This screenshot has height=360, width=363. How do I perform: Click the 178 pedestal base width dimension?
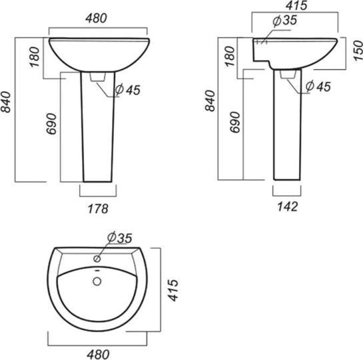tap(98, 209)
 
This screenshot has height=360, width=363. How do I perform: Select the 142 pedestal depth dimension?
tap(288, 206)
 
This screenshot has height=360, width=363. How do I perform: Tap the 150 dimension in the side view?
tap(358, 51)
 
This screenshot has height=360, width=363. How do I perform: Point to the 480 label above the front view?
tap(97, 18)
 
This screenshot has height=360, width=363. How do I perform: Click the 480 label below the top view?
tap(98, 355)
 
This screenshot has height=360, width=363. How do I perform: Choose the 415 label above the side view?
tap(296, 5)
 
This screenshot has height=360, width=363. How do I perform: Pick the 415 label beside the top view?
tap(173, 290)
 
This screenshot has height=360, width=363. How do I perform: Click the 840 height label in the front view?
tap(6, 102)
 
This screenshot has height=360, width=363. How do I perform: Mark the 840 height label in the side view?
tap(210, 101)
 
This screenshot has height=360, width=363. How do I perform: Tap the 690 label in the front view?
tap(51, 124)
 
